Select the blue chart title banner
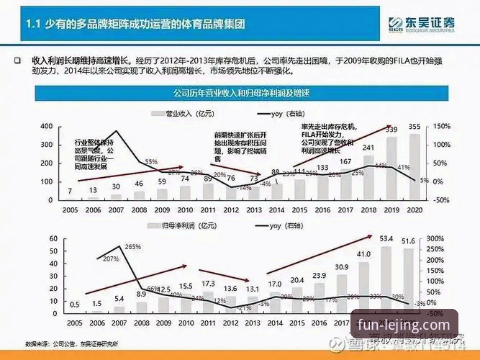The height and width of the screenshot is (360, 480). pyautogui.click(x=240, y=94)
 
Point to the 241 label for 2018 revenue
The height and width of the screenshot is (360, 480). pyautogui.click(x=368, y=148)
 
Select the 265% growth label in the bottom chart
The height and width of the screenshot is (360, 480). pyautogui.click(x=132, y=247)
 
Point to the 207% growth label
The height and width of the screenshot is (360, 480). pyautogui.click(x=110, y=258)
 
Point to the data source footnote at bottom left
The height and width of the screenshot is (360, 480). pyautogui.click(x=71, y=343)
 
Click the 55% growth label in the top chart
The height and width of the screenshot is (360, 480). pyautogui.click(x=151, y=162)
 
